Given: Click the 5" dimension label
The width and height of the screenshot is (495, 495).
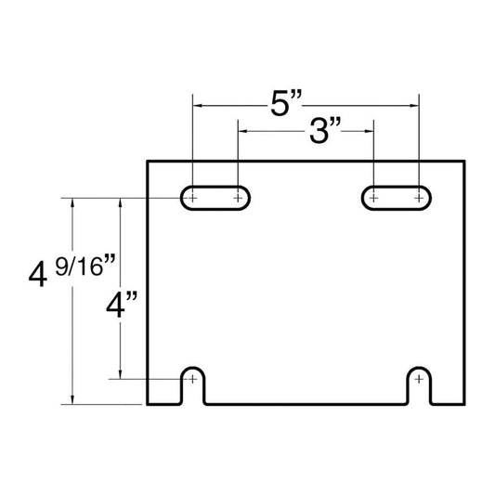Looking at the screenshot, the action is [x=286, y=103].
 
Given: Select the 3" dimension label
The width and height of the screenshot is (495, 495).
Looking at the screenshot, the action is [x=325, y=130].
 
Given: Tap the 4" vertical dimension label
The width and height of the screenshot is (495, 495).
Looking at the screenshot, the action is [x=122, y=305].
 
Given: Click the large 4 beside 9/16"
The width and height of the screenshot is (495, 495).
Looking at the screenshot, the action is [x=38, y=275].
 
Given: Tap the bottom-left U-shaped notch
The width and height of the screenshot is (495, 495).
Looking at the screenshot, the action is [x=192, y=368].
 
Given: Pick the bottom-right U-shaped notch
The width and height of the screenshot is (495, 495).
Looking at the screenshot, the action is [x=419, y=368].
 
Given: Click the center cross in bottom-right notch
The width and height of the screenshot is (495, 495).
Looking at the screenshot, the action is [x=419, y=379].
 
